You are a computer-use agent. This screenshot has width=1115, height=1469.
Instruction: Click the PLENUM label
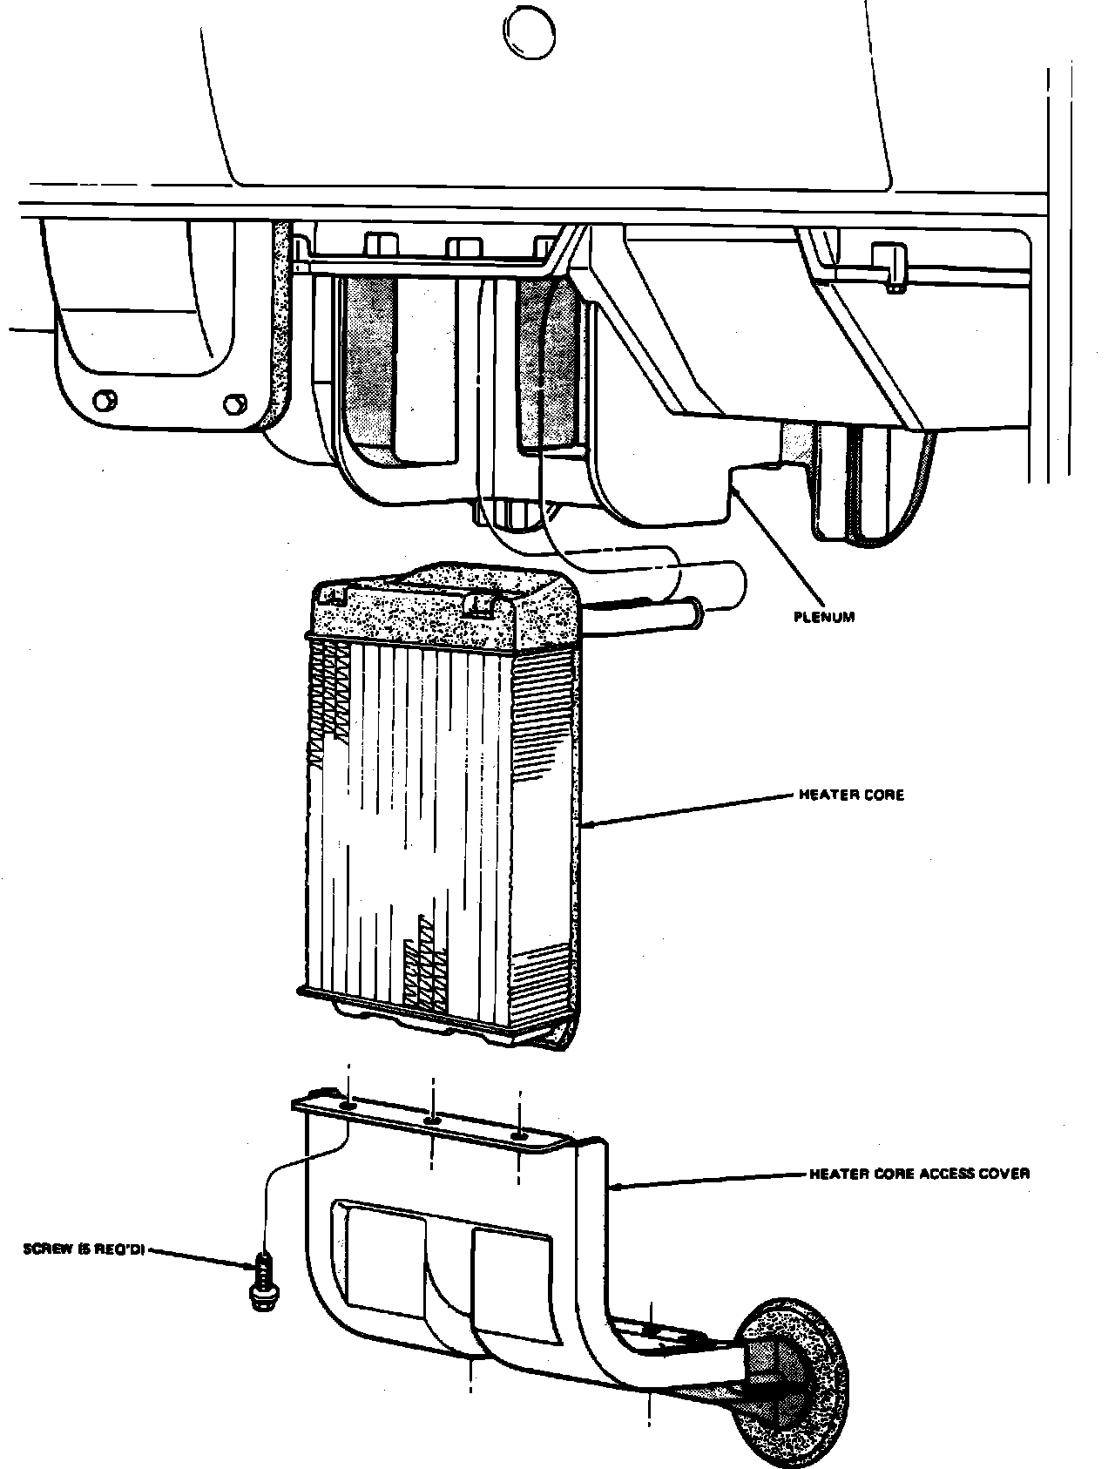[824, 617]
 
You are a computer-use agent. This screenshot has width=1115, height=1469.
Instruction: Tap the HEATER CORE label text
[851, 795]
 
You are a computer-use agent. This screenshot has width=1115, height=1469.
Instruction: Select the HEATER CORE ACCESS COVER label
[919, 1174]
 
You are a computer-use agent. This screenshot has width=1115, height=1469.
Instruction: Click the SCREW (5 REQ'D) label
[84, 1249]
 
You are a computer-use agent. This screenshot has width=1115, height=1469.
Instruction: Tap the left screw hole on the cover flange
[348, 1106]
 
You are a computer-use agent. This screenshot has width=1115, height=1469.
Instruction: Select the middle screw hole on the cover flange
[432, 1120]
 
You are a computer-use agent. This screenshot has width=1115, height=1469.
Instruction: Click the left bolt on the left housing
[104, 399]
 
